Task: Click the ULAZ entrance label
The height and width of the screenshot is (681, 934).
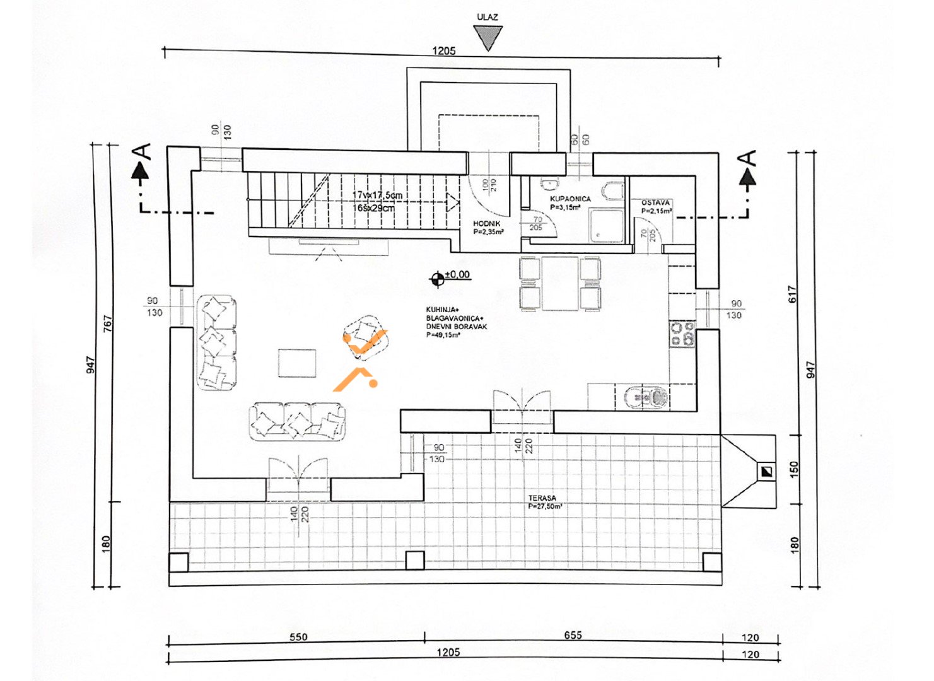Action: (x=487, y=17)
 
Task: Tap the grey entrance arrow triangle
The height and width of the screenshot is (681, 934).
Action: (x=488, y=37)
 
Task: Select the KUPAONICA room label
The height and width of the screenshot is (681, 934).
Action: (x=570, y=199)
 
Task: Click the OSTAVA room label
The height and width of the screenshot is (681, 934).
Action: (x=656, y=203)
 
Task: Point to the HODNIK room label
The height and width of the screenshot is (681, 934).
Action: (x=487, y=224)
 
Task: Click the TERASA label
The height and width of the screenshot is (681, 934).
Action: (x=542, y=498)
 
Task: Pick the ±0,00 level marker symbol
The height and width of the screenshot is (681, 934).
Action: (x=438, y=277)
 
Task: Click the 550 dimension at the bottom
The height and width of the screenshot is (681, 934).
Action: (x=298, y=637)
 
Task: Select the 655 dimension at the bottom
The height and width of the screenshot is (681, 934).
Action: (x=573, y=636)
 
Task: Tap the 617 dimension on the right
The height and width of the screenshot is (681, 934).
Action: (x=793, y=294)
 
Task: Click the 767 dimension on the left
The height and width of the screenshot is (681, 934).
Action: (x=108, y=324)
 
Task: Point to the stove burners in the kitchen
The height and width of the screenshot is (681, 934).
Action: (x=682, y=334)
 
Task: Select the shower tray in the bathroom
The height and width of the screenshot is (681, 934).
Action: (x=606, y=226)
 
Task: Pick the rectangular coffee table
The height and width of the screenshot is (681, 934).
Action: (x=297, y=363)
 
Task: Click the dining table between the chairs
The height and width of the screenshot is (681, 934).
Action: (x=560, y=283)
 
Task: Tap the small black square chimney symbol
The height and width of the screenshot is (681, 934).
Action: (x=766, y=471)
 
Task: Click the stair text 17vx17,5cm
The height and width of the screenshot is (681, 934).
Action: (x=377, y=195)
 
